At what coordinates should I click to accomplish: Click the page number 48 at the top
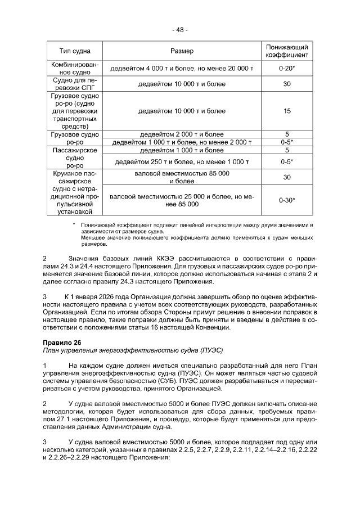point(180,30)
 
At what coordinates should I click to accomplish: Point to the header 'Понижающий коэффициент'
point(287,51)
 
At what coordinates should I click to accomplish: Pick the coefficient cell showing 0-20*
point(287,69)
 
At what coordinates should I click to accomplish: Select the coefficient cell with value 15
point(287,111)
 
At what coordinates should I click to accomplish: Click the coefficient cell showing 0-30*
point(287,200)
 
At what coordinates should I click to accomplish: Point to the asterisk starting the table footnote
point(74,224)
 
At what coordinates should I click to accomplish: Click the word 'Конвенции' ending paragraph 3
point(211,327)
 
